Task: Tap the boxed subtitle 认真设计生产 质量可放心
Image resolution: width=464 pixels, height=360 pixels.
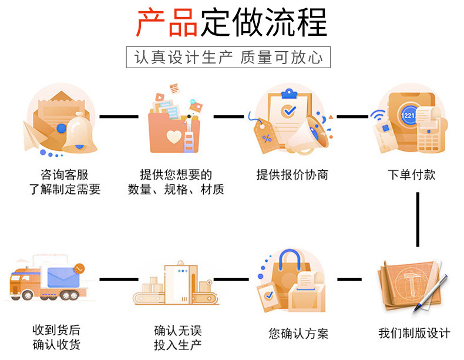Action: pos(228,58)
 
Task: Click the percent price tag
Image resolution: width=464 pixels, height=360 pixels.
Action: pos(267,137)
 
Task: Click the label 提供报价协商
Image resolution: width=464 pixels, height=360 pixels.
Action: pos(292,174)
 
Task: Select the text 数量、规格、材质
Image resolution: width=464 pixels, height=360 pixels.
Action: pos(176,190)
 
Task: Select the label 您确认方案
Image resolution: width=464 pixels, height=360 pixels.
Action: pos(298,334)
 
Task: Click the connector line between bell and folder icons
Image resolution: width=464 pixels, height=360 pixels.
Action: pos(119,116)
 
